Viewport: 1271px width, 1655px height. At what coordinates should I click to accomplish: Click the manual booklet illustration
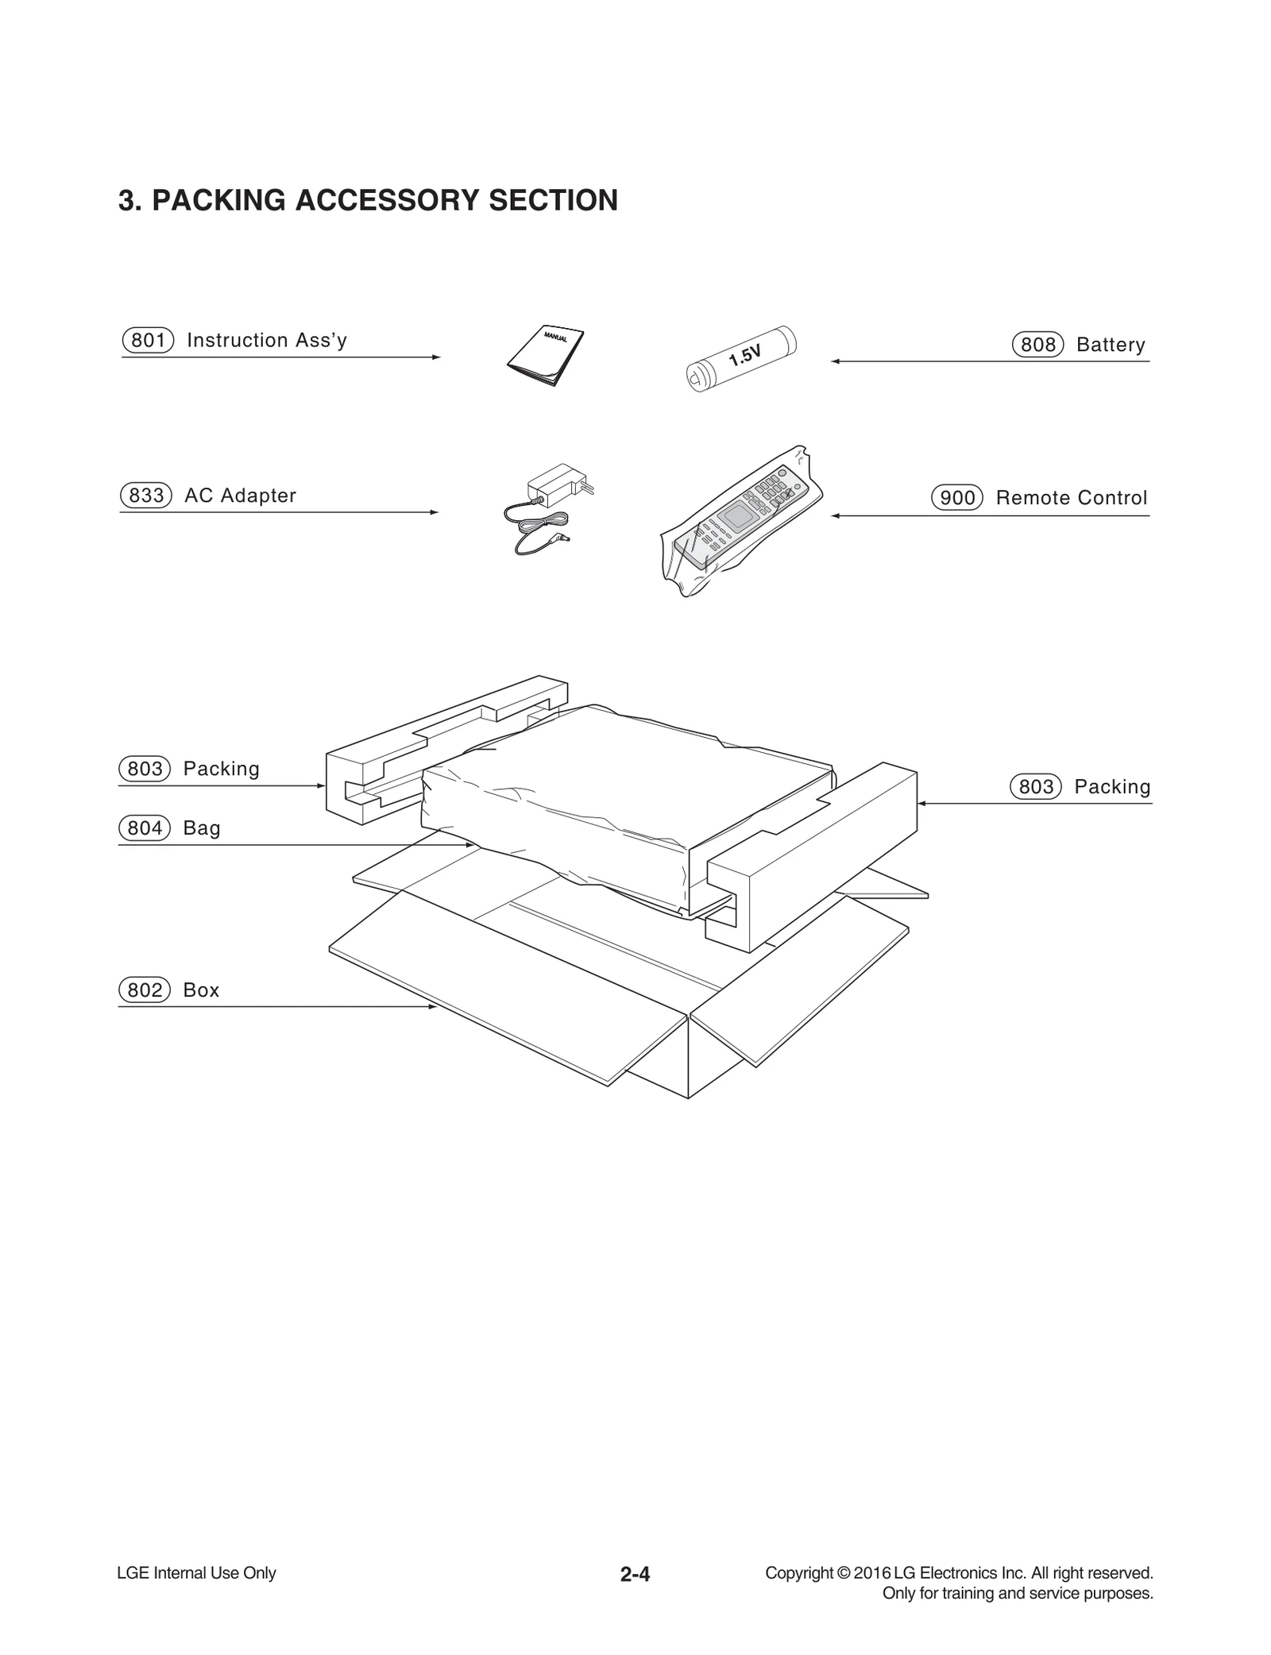pyautogui.click(x=546, y=357)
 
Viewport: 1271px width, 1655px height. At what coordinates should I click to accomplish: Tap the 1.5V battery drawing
pyautogui.click(x=740, y=358)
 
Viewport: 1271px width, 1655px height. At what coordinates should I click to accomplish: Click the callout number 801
pyautogui.click(x=148, y=341)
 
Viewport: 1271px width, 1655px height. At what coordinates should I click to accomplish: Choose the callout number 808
pyautogui.click(x=1037, y=345)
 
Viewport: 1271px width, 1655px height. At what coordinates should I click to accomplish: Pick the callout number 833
pyautogui.click(x=146, y=496)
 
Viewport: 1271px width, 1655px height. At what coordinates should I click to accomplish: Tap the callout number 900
pyautogui.click(x=957, y=498)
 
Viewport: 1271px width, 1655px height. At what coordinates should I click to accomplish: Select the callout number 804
pyautogui.click(x=145, y=828)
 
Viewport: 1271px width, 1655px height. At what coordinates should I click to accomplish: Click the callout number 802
pyautogui.click(x=145, y=990)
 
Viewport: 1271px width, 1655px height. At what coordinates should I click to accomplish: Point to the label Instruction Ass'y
pyautogui.click(x=267, y=341)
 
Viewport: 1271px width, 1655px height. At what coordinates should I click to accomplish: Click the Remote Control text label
pyautogui.click(x=1072, y=498)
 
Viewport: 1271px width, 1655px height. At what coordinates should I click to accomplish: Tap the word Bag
pyautogui.click(x=202, y=828)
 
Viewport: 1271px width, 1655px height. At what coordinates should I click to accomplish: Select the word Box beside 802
pyautogui.click(x=201, y=990)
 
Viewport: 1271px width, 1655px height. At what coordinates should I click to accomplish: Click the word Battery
pyautogui.click(x=1111, y=345)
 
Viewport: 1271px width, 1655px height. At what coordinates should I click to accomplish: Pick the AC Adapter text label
pyautogui.click(x=240, y=496)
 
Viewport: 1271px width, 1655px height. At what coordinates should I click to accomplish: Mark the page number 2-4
pyautogui.click(x=635, y=1574)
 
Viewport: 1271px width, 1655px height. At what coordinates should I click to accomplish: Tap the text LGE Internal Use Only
pyautogui.click(x=196, y=1573)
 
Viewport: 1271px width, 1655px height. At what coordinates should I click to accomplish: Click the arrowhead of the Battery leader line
pyautogui.click(x=835, y=361)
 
